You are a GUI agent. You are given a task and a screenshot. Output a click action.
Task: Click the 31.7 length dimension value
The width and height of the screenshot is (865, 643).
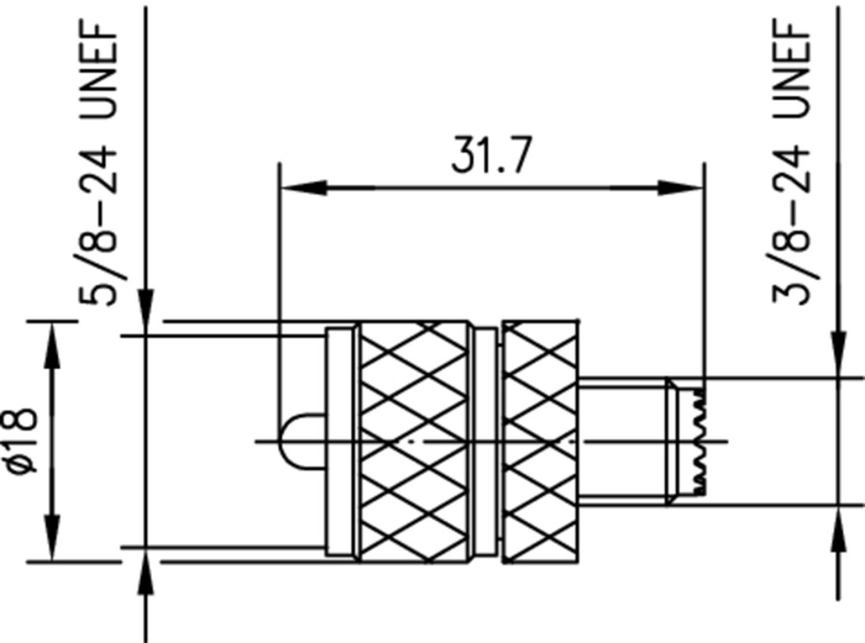(x=489, y=155)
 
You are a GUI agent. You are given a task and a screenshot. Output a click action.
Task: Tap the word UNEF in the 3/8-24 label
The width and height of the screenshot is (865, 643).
(x=791, y=68)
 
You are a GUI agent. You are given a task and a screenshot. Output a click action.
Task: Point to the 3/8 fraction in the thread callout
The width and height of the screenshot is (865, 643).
(x=791, y=261)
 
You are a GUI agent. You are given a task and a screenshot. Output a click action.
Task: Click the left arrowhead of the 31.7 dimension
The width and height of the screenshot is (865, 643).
(x=303, y=188)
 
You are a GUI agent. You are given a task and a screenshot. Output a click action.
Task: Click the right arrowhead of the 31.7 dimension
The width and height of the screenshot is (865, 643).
(x=680, y=188)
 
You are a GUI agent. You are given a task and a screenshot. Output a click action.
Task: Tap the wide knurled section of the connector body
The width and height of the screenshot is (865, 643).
(x=414, y=441)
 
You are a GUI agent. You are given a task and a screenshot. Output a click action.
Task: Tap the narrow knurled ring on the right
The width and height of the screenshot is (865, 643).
(x=540, y=441)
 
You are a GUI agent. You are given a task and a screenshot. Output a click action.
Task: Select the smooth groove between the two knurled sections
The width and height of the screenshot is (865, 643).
(x=486, y=441)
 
